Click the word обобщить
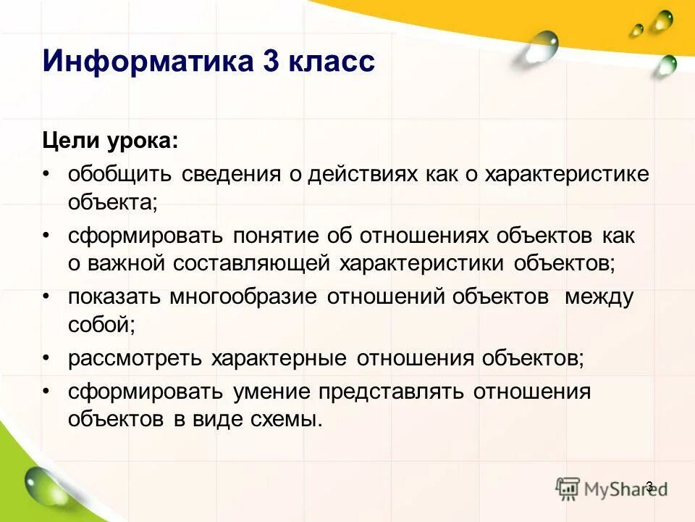tap(119, 174)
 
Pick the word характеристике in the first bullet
tap(567, 174)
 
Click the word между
tap(599, 298)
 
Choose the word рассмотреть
tap(135, 358)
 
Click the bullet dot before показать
tap(47, 298)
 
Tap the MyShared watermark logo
tap(612, 488)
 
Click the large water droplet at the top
tap(542, 46)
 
